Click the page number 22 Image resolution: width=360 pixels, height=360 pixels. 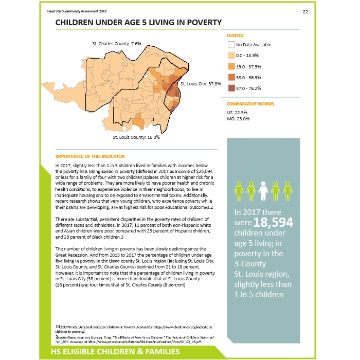coord(305,12)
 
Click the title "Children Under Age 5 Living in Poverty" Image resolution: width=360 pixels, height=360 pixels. coord(138,23)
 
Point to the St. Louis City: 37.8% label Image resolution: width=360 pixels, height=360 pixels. coord(201,83)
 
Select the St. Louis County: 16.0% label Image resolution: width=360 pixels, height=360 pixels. coord(136,137)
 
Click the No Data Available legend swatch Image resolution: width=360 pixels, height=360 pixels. coord(231,45)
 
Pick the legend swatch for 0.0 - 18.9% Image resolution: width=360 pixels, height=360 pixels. coord(231,56)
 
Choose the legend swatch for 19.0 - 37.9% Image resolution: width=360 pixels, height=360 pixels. coord(231,66)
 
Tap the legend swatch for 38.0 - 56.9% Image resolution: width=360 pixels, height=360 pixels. coord(231,77)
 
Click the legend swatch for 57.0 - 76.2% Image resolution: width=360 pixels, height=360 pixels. coord(231,88)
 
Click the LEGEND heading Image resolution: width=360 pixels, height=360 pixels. coord(235,35)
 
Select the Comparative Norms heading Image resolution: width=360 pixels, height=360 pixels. coord(250,104)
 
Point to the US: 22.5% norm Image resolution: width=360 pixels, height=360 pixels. coord(238,112)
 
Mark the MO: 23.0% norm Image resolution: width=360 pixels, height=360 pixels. coord(239,119)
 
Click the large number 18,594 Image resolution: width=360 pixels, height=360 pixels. coord(273,222)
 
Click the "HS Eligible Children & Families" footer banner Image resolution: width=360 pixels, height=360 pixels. coord(115,352)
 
